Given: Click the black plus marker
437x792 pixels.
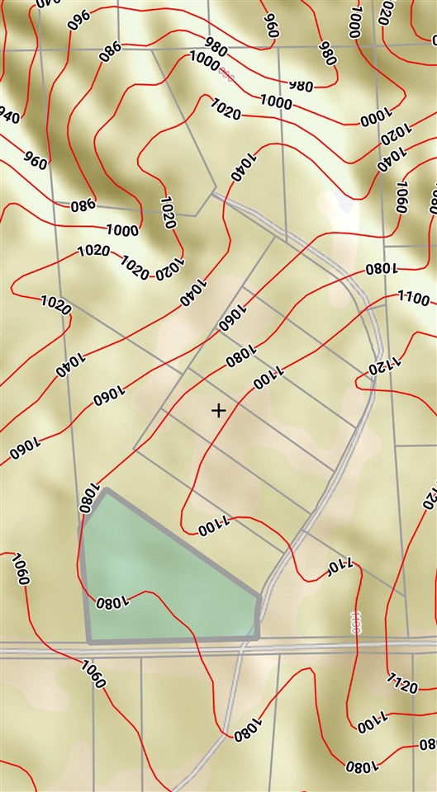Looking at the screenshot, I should pos(218,410).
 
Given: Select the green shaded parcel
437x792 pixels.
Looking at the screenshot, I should pos(157,582).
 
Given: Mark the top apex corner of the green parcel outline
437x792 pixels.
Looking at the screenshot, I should pos(107,491).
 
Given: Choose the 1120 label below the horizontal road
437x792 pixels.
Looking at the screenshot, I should pos(401,681).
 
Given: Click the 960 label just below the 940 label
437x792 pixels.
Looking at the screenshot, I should pos(36,158).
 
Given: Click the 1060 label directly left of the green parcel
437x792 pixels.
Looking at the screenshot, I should pos(20,569).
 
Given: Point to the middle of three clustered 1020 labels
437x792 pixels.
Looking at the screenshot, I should pos(134,266).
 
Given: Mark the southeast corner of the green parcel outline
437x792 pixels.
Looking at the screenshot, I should pos(259,638).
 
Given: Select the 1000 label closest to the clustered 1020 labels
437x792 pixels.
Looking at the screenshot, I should pos(122,230).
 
